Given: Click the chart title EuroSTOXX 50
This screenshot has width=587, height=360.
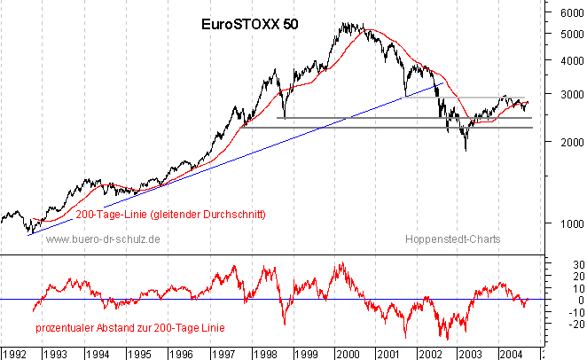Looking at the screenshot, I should coord(251,25).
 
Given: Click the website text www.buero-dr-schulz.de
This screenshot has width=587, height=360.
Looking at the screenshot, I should coord(103,239).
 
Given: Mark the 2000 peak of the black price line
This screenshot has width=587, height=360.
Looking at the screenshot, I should coord(347,25).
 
